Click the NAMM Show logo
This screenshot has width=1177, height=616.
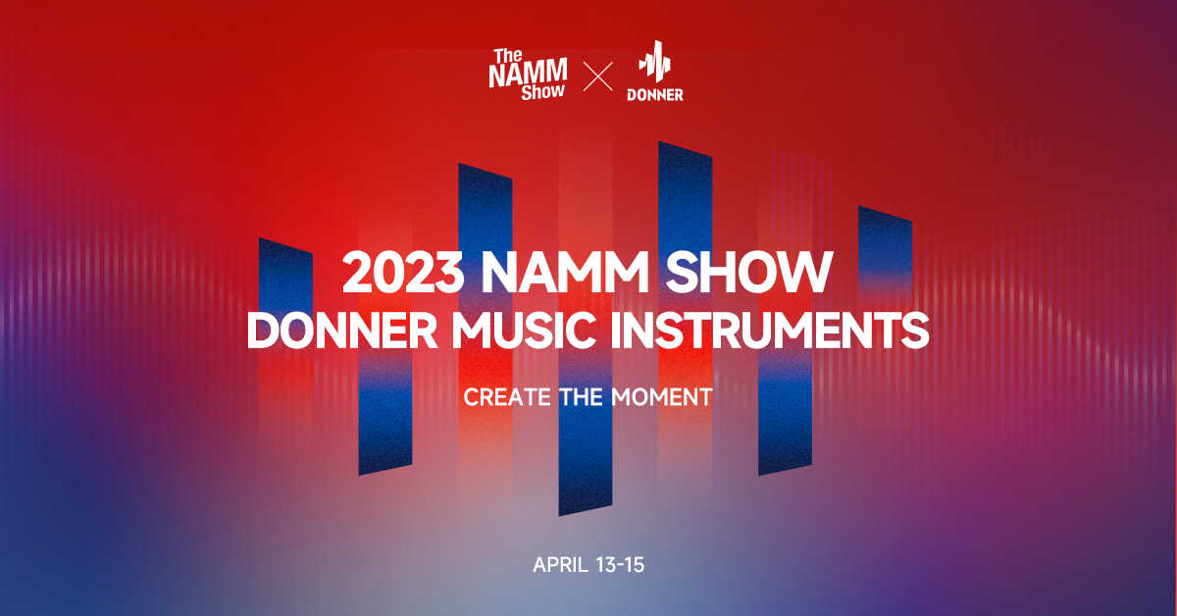[x=528, y=75]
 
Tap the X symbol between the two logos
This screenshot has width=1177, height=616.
[x=598, y=77]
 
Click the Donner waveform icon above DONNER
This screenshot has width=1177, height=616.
[x=655, y=62]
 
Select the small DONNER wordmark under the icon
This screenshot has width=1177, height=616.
[x=655, y=94]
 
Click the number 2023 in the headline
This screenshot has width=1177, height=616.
[x=403, y=272]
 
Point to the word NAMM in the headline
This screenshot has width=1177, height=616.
[x=565, y=272]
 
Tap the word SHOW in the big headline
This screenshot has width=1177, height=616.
[x=749, y=272]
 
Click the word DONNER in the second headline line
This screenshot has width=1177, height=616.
[x=342, y=331]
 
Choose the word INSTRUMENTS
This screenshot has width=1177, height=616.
[x=770, y=331]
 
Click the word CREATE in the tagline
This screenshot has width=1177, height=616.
[x=507, y=397]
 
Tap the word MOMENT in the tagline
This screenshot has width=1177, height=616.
[x=662, y=397]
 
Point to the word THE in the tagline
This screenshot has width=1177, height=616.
[x=581, y=397]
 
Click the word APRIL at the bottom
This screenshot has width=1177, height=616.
[x=561, y=565]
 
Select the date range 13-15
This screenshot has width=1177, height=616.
[x=621, y=565]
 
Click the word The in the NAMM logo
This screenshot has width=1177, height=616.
[x=508, y=56]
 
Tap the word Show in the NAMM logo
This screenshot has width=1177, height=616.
[x=542, y=92]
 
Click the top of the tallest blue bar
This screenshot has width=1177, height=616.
[x=686, y=149]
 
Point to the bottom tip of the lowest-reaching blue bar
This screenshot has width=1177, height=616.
[x=559, y=516]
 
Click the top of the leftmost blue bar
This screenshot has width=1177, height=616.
[x=285, y=246]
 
